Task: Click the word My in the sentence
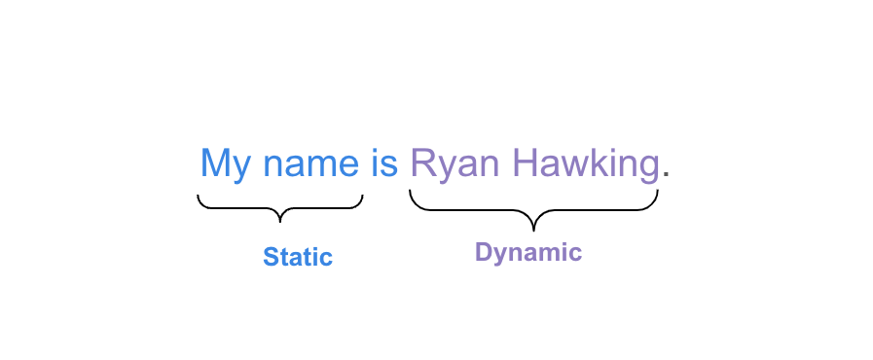click(x=225, y=163)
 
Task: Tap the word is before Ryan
click(x=383, y=162)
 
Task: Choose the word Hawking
click(x=586, y=163)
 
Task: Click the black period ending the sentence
click(x=667, y=176)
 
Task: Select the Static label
click(x=298, y=258)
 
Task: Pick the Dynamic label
click(x=528, y=253)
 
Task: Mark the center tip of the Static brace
click(x=280, y=220)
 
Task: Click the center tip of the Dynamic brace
click(x=533, y=228)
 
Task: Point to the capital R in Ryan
click(x=422, y=162)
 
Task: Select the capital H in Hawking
click(x=525, y=162)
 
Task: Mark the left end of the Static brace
click(x=199, y=198)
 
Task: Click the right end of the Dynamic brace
click(x=658, y=192)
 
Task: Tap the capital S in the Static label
click(x=271, y=258)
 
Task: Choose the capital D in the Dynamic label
click(x=484, y=252)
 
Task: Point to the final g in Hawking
click(x=647, y=167)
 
